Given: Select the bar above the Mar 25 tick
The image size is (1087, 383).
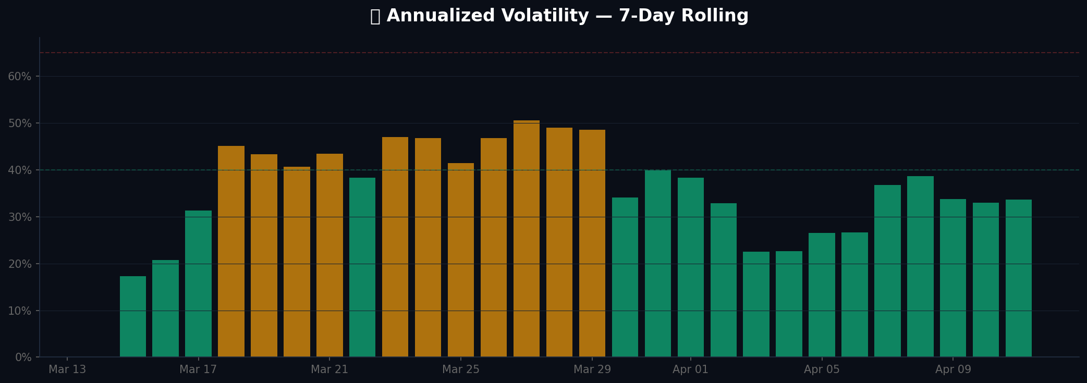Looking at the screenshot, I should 461,260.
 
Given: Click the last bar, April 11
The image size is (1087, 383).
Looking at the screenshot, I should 1019,278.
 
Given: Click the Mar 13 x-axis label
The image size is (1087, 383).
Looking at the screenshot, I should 67,369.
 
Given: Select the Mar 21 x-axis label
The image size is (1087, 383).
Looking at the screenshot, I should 329,369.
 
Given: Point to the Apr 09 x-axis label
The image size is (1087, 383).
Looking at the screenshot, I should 953,369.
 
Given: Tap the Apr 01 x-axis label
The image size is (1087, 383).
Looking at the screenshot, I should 691,369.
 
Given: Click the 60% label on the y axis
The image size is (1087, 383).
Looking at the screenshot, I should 20,77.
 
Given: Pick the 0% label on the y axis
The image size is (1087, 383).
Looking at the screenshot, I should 23,357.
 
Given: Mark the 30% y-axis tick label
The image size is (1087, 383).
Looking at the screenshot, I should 20,217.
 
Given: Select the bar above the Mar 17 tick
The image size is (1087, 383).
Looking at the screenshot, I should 198,284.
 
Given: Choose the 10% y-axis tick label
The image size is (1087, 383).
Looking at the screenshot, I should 20,311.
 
